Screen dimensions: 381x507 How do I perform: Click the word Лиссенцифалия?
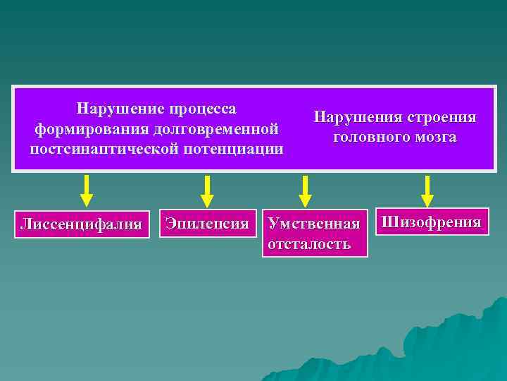(81, 225)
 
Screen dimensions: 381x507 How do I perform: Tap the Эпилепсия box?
(206, 224)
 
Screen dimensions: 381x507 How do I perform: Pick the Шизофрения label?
(431, 223)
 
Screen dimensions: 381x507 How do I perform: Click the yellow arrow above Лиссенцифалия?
(86, 190)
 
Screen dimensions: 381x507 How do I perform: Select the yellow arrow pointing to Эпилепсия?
(206, 190)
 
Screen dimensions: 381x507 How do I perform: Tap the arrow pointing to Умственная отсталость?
(305, 190)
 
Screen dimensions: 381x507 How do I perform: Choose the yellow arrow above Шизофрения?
(427, 190)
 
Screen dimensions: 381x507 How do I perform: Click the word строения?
(441, 117)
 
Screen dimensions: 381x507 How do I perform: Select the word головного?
(370, 137)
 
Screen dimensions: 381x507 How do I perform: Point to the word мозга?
(434, 137)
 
